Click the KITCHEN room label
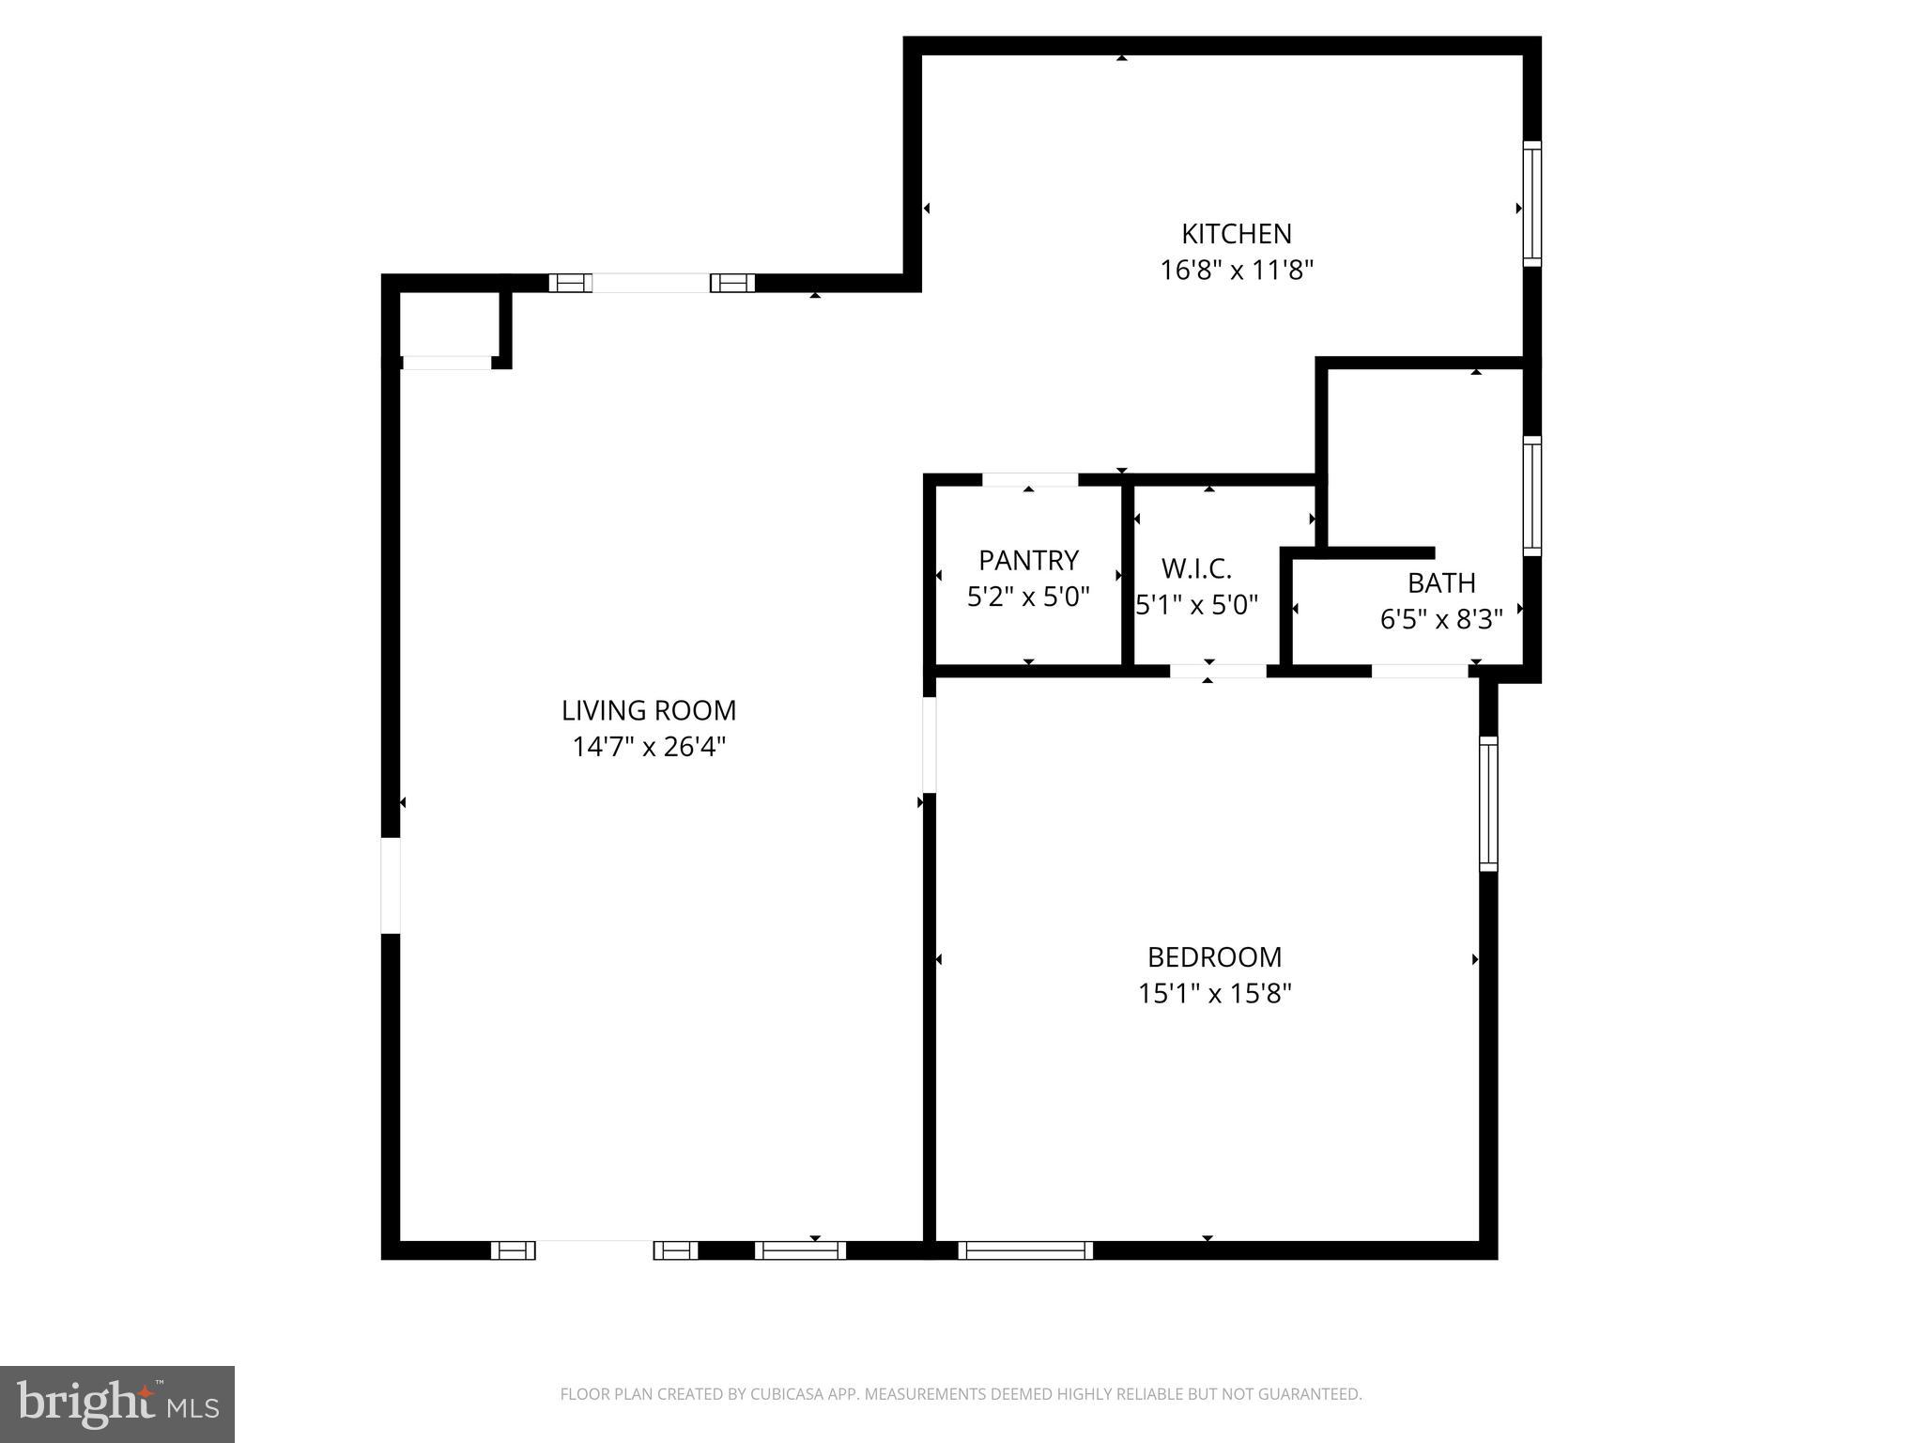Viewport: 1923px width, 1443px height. click(1236, 233)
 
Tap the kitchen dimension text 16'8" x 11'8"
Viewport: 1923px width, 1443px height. click(1236, 271)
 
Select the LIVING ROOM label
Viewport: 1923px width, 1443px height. click(649, 710)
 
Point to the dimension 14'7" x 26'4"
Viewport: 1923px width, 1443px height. click(649, 747)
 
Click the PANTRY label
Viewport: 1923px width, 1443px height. click(1028, 561)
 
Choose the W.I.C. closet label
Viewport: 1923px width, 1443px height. click(1196, 568)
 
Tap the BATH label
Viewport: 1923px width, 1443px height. click(1441, 583)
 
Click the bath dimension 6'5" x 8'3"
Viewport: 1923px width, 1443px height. click(1441, 620)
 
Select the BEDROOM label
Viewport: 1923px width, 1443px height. click(1214, 957)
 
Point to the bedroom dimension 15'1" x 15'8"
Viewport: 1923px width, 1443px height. click(1214, 994)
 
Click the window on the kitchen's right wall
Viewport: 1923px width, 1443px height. click(1531, 204)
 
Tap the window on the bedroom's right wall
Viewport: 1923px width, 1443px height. click(1488, 803)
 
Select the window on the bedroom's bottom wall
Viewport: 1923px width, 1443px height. click(1025, 1250)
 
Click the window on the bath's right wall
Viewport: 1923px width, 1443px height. click(1531, 496)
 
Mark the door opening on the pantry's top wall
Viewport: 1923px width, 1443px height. click(1029, 480)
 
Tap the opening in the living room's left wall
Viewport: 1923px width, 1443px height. click(391, 885)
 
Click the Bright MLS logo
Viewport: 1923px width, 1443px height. click(117, 1404)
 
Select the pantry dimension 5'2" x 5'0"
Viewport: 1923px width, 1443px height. click(1028, 597)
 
